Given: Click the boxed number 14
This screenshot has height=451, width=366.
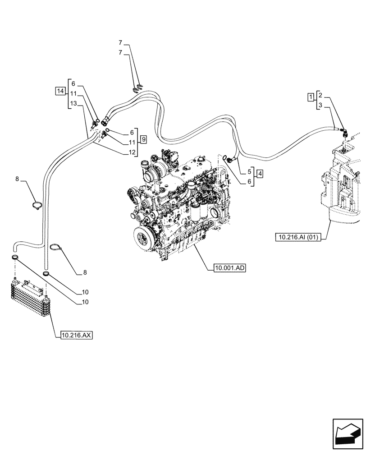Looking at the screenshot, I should point(60,92).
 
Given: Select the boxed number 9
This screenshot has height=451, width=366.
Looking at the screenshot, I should point(143,139).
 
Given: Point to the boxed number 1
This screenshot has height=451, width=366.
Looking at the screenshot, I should point(311,97).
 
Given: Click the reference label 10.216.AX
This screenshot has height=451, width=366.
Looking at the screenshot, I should point(76,335).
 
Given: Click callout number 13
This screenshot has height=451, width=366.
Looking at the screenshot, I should point(74,104).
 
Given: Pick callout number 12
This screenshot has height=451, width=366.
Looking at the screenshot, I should point(132,152).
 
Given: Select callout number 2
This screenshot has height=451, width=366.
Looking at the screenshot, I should point(320,95).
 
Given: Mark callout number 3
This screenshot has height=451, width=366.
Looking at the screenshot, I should point(320,106).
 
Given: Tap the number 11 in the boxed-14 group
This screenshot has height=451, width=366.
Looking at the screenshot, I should point(73,94).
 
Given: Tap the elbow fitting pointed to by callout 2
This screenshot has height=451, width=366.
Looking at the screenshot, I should point(344,132).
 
